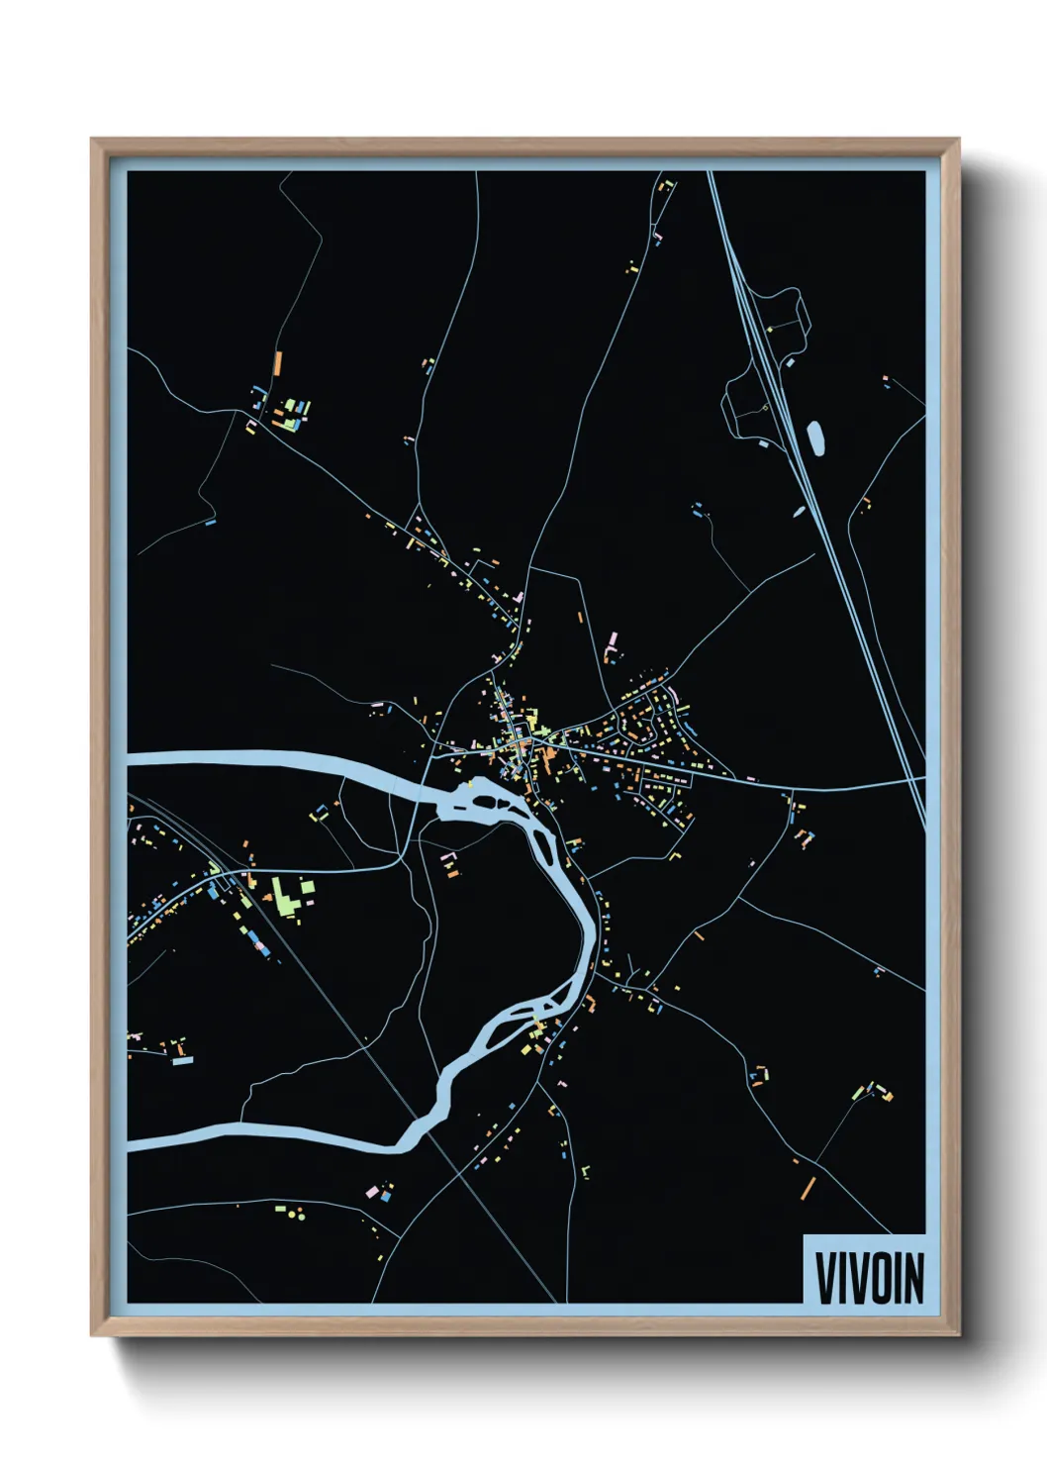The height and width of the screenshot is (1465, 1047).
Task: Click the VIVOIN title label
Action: pyautogui.click(x=868, y=1277)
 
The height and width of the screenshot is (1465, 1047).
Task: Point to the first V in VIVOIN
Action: pyautogui.click(x=823, y=1278)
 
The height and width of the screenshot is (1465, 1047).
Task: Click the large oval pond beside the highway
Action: pyautogui.click(x=816, y=438)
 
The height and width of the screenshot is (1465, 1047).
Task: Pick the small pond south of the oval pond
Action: pyautogui.click(x=799, y=513)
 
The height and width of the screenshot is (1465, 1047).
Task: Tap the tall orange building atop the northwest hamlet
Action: pyautogui.click(x=278, y=361)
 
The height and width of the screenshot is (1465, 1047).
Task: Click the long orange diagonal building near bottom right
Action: pyautogui.click(x=808, y=1187)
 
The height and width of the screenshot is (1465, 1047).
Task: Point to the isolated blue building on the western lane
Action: pyautogui.click(x=210, y=522)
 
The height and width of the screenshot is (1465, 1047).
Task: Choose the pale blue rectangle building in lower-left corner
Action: pyautogui.click(x=182, y=1060)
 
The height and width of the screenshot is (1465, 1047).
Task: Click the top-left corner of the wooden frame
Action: pyautogui.click(x=93, y=141)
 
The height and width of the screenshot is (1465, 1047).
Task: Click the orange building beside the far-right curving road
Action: pyautogui.click(x=866, y=505)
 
